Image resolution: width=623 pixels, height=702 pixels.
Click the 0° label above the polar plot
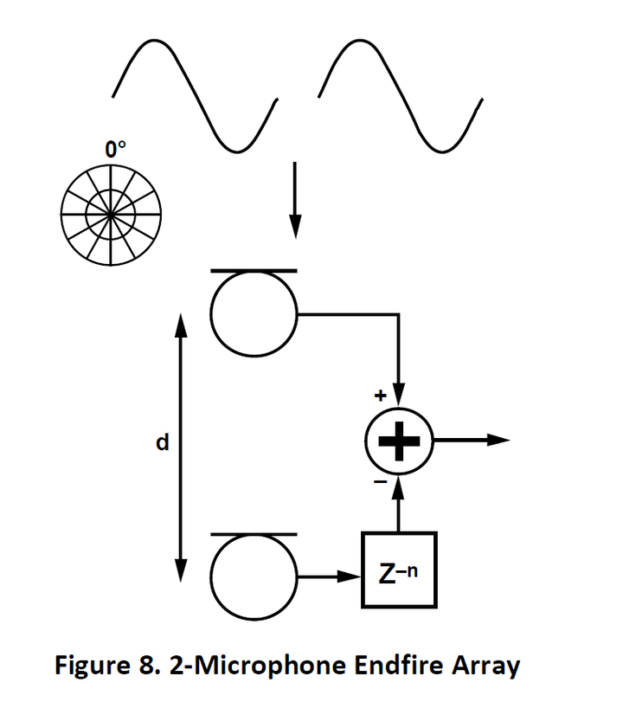click(x=115, y=150)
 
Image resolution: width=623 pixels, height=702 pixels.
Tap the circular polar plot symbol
click(x=109, y=211)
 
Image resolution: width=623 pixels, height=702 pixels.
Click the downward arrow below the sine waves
click(x=295, y=198)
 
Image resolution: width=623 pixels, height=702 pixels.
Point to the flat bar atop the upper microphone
click(x=254, y=271)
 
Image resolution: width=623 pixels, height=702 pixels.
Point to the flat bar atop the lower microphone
click(x=254, y=536)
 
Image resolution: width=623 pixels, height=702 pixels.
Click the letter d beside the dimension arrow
click(x=161, y=443)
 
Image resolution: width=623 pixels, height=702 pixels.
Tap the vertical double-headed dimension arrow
click(x=181, y=447)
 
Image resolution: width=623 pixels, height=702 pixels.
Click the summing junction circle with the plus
click(x=398, y=440)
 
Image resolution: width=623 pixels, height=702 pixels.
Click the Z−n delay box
click(x=399, y=571)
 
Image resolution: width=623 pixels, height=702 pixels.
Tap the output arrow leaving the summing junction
click(x=472, y=440)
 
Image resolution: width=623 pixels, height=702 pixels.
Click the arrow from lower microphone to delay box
click(x=328, y=573)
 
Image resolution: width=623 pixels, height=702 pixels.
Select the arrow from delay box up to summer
click(x=398, y=506)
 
